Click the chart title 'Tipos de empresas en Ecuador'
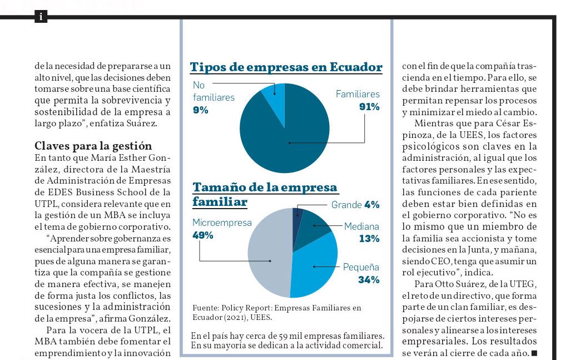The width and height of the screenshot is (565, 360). tap(286, 67)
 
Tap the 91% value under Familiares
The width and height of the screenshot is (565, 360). tap(369, 107)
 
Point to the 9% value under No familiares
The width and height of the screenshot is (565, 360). tap(200, 110)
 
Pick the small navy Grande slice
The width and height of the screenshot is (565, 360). tap(298, 216)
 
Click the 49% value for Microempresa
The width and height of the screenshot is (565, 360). tap(203, 235)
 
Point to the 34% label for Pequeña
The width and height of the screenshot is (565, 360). tap(369, 280)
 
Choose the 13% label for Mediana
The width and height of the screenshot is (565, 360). tap(369, 239)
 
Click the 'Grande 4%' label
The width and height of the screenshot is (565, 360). tap(355, 205)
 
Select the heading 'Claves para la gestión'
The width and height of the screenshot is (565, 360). tap(93, 146)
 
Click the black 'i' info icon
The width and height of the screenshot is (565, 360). tap(41, 16)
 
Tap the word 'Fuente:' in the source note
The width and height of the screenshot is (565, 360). tap(206, 308)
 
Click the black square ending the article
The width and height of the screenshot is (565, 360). tap(534, 353)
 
